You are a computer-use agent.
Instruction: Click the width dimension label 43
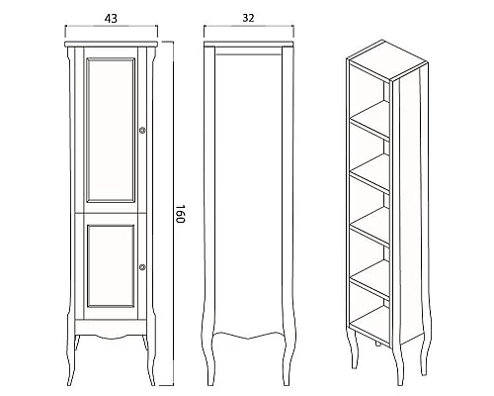point(111,19)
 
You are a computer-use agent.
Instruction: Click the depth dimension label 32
point(248,18)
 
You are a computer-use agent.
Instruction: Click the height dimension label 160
point(180,214)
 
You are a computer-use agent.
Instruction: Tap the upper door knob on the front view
point(142,131)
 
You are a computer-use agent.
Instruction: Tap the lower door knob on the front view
point(142,267)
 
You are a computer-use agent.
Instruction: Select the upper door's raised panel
point(111,131)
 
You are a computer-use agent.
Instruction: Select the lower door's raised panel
point(111,265)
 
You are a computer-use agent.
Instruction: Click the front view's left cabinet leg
point(72,359)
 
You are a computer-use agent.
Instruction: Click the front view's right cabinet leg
point(150,359)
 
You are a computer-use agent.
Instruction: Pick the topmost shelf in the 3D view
point(370,121)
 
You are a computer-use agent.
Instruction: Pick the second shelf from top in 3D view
point(370,173)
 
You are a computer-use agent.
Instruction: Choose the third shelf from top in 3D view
point(370,227)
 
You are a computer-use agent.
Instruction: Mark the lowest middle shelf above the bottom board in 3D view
point(370,280)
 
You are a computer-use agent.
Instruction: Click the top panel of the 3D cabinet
point(387,60)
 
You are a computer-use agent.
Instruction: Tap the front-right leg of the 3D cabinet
point(399,366)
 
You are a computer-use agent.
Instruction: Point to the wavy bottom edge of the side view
point(248,335)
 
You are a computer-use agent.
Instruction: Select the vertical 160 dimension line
point(173,214)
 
